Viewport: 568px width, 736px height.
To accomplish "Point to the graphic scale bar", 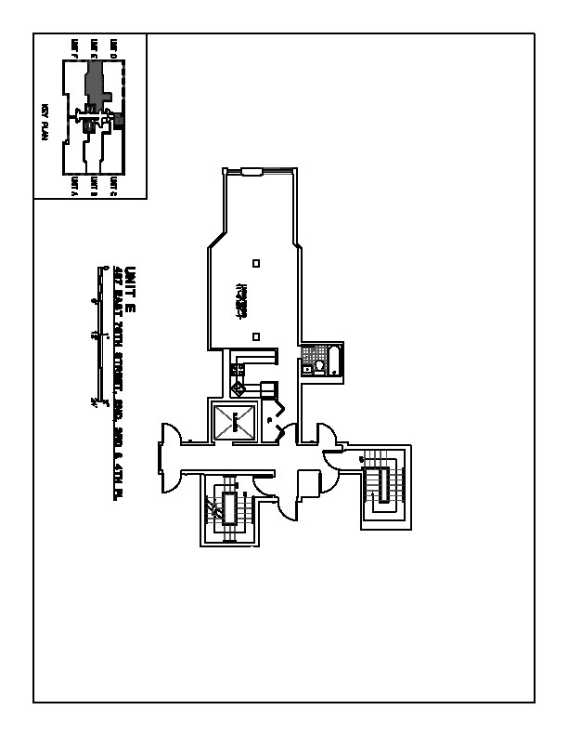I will click(x=98, y=335).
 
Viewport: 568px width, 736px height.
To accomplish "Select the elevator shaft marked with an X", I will click(x=235, y=424).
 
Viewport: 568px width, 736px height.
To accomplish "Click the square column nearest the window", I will click(x=256, y=264).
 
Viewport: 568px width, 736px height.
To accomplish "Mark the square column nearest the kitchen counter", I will click(x=256, y=337).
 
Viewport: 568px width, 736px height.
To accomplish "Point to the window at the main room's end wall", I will click(x=252, y=170).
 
